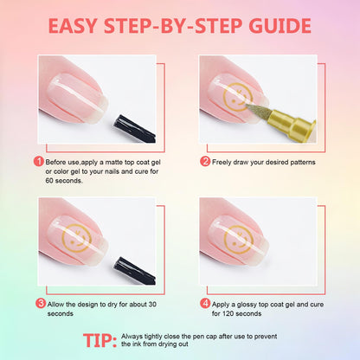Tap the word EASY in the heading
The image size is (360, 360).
pyautogui.click(x=73, y=26)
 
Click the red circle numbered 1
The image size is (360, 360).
pyautogui.click(x=39, y=161)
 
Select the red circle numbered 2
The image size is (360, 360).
pyautogui.click(x=205, y=161)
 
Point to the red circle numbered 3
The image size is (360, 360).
pyautogui.click(x=41, y=304)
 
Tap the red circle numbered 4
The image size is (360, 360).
pyautogui.click(x=205, y=304)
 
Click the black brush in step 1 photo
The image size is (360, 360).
pyautogui.click(x=134, y=129)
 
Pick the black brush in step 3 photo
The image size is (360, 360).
pyautogui.click(x=134, y=271)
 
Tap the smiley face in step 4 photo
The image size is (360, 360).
pyautogui.click(x=238, y=240)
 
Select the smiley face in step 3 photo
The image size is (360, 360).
pyautogui.click(x=77, y=238)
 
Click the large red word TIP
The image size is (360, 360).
pyautogui.click(x=100, y=340)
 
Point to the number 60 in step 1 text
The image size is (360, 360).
pyautogui.click(x=49, y=181)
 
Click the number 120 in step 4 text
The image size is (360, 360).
pyautogui.click(x=228, y=313)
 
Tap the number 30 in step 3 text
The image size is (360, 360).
pyautogui.click(x=152, y=305)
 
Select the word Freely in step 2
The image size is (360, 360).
pyautogui.click(x=222, y=163)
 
